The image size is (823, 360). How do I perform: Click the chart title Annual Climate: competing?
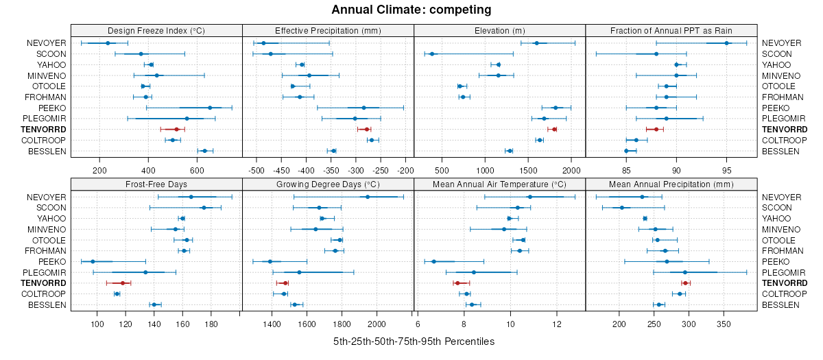pos(411,10)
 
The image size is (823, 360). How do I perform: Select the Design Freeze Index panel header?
pos(156,30)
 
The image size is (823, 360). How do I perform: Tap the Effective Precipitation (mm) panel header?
pos(328,30)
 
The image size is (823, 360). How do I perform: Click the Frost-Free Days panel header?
pos(156,184)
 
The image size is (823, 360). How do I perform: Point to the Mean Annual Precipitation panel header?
pos(671,184)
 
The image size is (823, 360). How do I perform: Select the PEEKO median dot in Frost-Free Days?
pos(93,261)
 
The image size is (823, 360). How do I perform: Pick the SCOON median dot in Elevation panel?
pos(432,53)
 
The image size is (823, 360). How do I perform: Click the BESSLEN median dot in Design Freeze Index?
pos(204,151)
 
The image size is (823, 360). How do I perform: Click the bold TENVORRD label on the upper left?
pos(43,129)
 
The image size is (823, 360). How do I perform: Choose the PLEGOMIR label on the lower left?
pos(43,272)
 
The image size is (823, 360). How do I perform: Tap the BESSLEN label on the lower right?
pos(780,304)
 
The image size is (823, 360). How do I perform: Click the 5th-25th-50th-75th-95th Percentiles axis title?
pos(414,341)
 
